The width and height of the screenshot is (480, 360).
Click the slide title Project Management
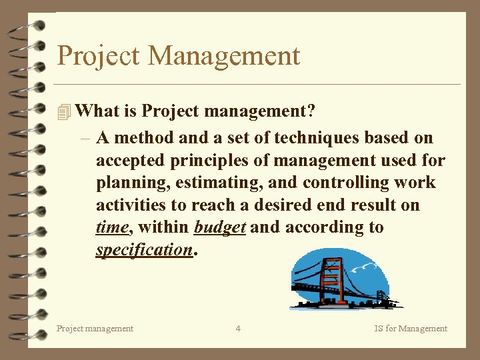click(x=179, y=55)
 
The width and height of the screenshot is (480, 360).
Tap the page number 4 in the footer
click(x=238, y=328)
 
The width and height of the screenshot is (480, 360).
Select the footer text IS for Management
click(x=411, y=328)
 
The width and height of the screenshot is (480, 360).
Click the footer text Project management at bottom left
click(x=95, y=328)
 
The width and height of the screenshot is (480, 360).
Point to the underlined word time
click(x=112, y=227)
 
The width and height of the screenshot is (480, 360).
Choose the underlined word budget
click(x=220, y=227)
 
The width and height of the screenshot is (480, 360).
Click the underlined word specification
click(x=144, y=250)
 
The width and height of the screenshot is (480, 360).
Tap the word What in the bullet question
click(x=97, y=111)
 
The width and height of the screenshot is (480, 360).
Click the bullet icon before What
click(x=64, y=112)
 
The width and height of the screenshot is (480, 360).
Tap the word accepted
click(x=129, y=161)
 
